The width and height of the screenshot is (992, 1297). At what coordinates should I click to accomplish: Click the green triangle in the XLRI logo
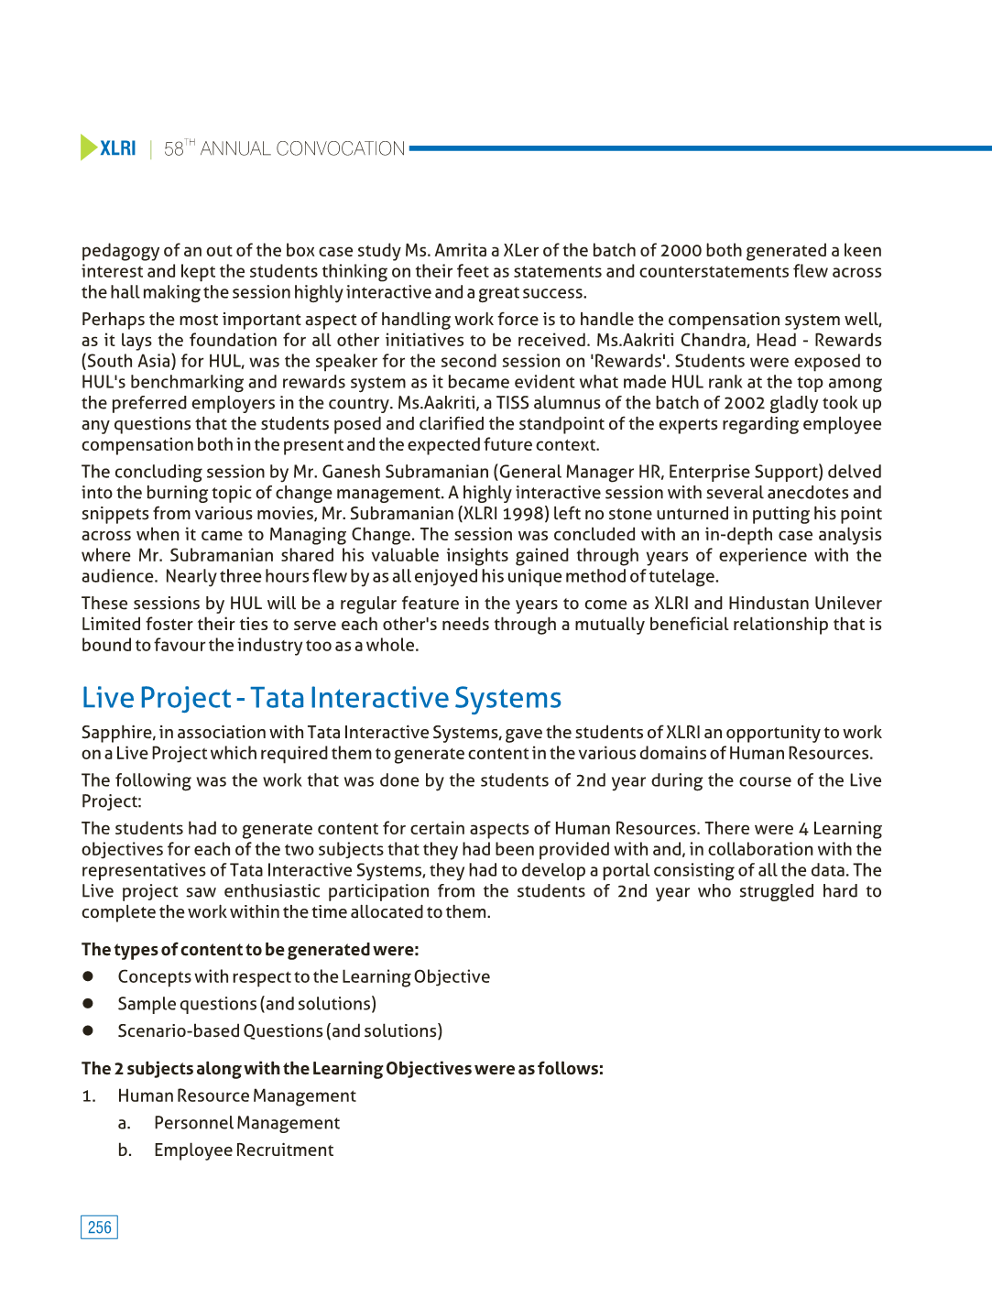(88, 147)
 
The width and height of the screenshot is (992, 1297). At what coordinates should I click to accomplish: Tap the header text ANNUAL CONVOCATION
(302, 148)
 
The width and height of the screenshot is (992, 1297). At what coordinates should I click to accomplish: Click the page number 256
(100, 1227)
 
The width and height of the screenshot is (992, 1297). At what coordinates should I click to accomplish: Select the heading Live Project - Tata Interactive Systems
(322, 698)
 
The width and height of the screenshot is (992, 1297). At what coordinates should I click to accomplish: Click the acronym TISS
(512, 403)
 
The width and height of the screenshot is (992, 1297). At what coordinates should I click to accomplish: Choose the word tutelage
(682, 576)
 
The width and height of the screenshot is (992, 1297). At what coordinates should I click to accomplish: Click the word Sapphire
(116, 733)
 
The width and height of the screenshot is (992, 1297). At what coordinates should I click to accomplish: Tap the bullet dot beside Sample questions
(89, 1003)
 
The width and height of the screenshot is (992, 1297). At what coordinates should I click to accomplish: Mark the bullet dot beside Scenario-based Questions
(89, 1030)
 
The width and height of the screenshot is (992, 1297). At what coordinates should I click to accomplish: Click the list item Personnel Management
(246, 1123)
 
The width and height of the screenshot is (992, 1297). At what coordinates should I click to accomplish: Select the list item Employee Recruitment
(244, 1150)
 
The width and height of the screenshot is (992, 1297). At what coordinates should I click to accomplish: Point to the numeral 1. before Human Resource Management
(88, 1096)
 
